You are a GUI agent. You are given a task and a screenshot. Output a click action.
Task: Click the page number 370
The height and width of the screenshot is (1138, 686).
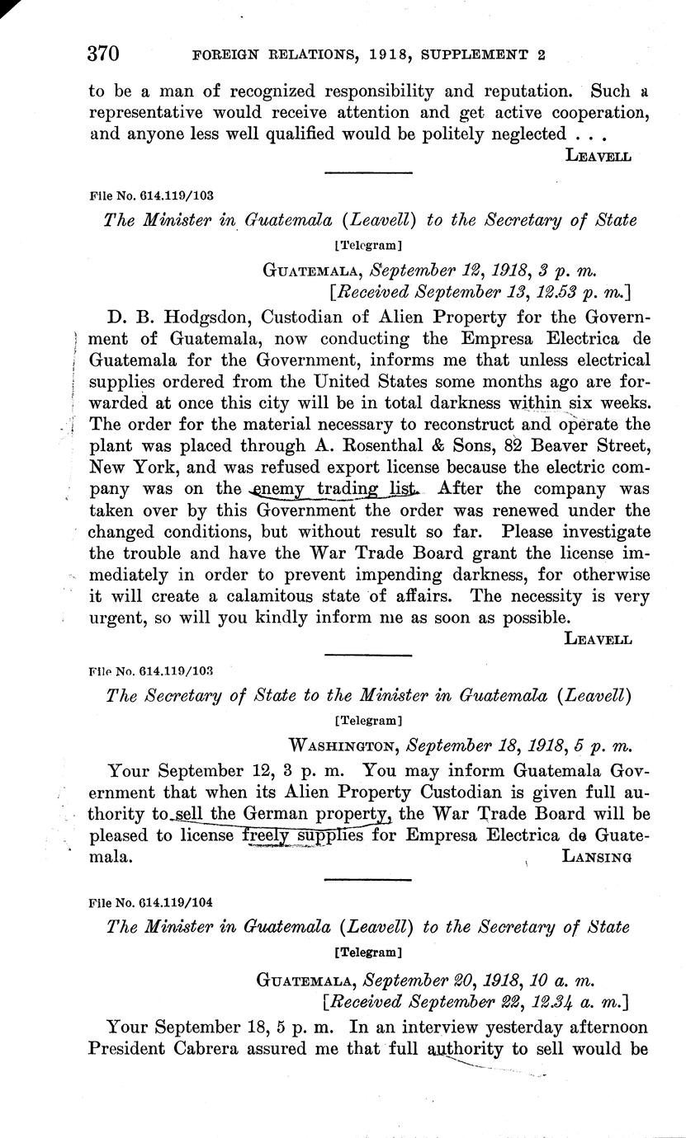tap(104, 54)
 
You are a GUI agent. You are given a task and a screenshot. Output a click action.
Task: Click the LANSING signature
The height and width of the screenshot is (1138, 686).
tap(596, 857)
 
